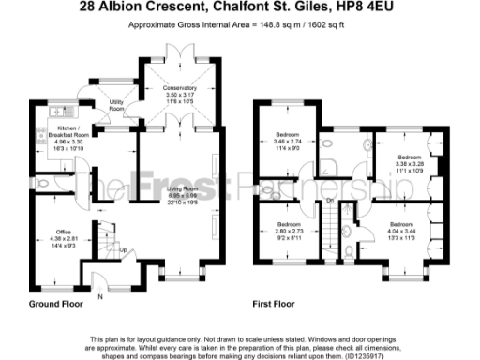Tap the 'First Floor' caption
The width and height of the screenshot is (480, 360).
click(276, 306)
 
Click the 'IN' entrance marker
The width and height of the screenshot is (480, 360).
click(98, 296)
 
